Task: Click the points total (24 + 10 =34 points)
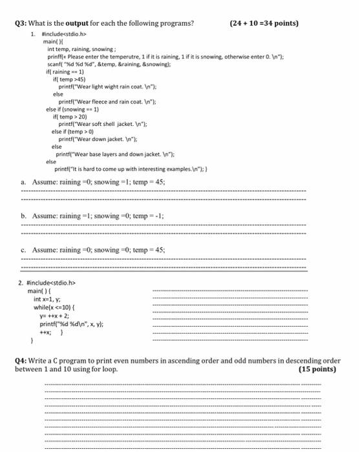click(264, 24)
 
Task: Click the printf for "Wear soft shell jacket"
click(98, 124)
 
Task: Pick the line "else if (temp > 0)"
click(76, 132)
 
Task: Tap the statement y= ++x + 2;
click(56, 316)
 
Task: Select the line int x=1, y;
click(51, 299)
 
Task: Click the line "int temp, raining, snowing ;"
click(82, 48)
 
